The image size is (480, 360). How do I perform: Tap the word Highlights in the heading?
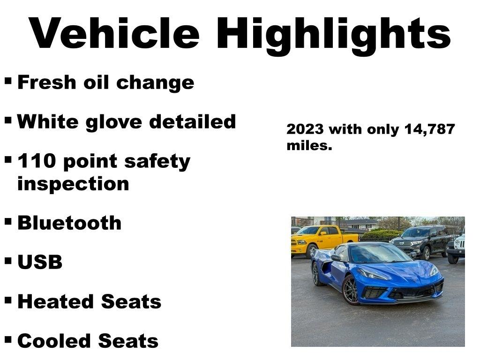click(333, 34)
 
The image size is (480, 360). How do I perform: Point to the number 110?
click(37, 161)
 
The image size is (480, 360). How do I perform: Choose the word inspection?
click(73, 183)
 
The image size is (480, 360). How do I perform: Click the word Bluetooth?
click(69, 223)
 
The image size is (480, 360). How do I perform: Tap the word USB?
click(40, 262)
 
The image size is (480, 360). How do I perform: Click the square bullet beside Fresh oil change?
click(8, 81)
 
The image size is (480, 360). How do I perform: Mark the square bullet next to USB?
click(8, 260)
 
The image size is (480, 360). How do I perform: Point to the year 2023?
click(306, 129)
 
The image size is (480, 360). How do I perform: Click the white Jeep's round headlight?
click(457, 244)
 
